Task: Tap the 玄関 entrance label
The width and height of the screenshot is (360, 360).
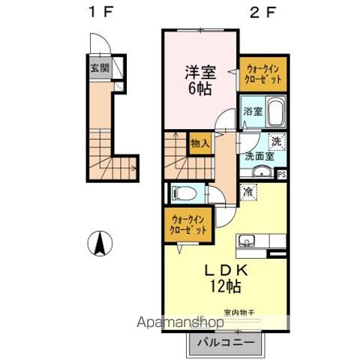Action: coord(99,67)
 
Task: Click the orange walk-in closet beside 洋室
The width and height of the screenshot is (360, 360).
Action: coord(262,74)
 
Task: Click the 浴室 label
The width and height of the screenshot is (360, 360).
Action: coord(253,112)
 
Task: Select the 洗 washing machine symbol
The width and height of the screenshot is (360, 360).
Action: coord(277,141)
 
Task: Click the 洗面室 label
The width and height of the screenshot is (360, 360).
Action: coord(257,157)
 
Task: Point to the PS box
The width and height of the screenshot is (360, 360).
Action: coord(282,175)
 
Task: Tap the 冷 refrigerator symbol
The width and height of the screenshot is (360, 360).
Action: coord(249,192)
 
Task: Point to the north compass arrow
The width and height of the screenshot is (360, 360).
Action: coord(99,244)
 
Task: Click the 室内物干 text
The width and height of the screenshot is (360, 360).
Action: coord(238,313)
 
